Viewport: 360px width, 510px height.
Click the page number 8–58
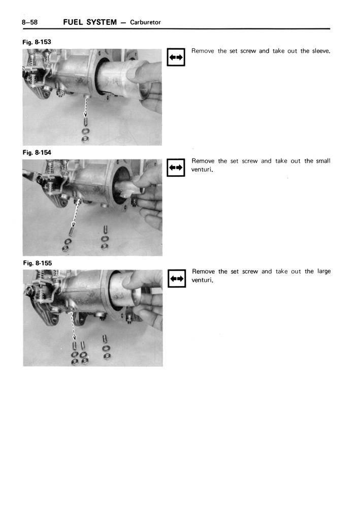tap(30, 22)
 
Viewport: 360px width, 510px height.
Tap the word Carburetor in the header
tap(145, 23)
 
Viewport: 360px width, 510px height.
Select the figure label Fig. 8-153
tap(37, 42)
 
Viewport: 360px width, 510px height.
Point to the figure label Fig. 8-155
tap(37, 263)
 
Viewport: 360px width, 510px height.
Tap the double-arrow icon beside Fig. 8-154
tap(176, 167)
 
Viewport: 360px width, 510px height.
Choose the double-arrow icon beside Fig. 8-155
tap(176, 278)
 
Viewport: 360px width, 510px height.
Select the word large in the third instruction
tap(323, 271)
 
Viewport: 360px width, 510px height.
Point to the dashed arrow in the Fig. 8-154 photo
tap(76, 213)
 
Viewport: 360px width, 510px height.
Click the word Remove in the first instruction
tap(203, 51)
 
